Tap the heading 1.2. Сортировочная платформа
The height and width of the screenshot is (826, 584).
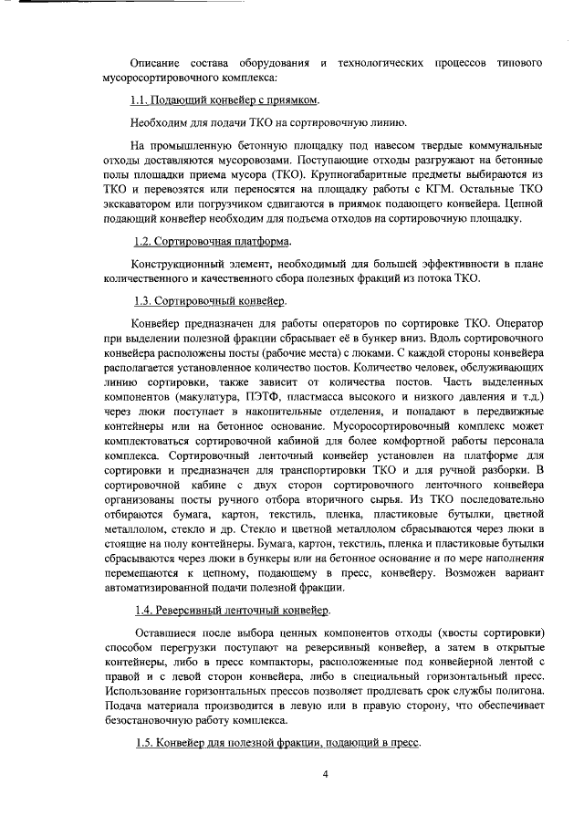[213, 241]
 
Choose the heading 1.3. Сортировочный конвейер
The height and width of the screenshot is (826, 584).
[211, 300]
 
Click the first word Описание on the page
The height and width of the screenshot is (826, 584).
[157, 66]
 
